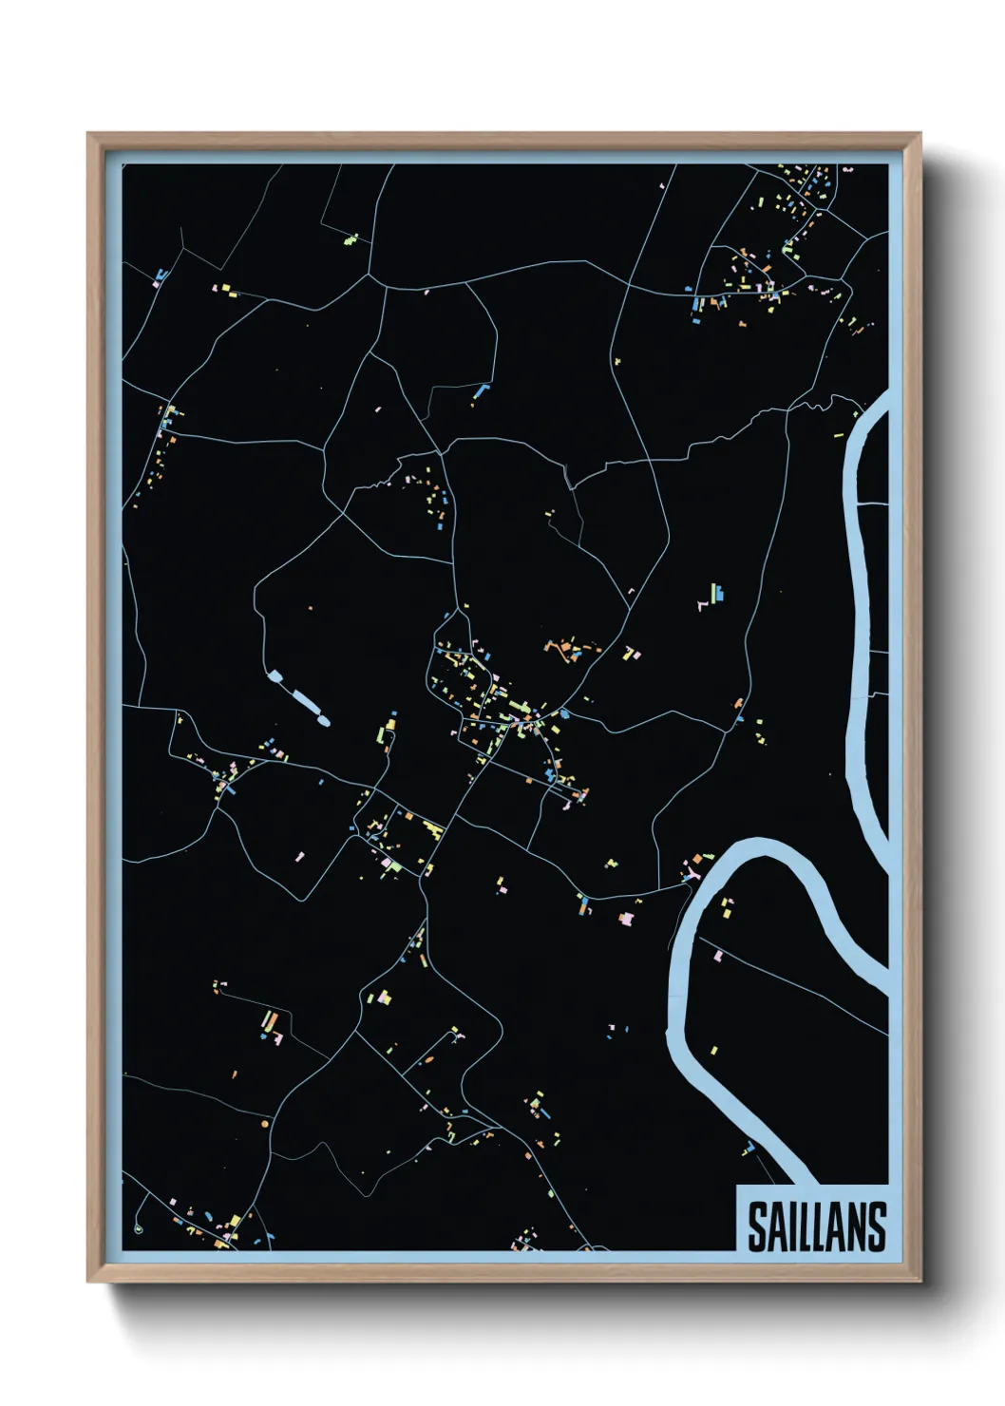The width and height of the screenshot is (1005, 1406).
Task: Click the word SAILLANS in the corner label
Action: [816, 1226]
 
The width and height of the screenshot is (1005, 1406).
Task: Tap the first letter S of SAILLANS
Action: [757, 1226]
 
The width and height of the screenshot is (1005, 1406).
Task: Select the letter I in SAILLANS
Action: [796, 1226]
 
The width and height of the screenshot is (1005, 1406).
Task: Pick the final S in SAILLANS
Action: [876, 1226]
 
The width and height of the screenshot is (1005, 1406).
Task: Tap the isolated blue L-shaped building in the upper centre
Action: [481, 390]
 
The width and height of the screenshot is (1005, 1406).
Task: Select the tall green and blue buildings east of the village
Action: [716, 594]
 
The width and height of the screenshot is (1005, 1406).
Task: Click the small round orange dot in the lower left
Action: [264, 1124]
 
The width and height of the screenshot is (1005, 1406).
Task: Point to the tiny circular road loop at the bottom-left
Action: [139, 1228]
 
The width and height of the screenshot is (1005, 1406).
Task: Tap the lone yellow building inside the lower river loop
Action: [713, 1050]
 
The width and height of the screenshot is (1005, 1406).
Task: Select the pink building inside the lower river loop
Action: [718, 956]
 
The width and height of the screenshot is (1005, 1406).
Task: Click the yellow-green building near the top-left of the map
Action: [351, 239]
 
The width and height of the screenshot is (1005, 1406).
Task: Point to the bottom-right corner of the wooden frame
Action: [920, 1281]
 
